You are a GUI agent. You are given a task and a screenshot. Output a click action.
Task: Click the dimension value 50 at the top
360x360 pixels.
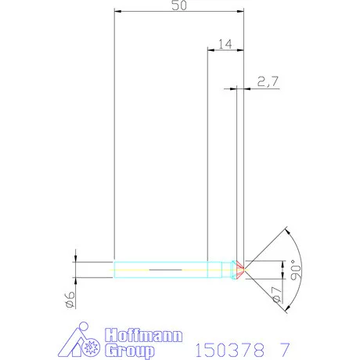(179, 6)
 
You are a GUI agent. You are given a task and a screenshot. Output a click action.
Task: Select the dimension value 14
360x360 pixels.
(225, 45)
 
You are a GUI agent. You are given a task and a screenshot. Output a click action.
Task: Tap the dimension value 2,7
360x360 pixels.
(266, 80)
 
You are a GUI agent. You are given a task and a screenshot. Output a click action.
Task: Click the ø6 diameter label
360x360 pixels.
(70, 298)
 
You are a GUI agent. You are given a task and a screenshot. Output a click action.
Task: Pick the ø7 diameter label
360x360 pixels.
(276, 295)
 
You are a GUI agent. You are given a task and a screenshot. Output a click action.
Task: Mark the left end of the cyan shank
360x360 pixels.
(115, 269)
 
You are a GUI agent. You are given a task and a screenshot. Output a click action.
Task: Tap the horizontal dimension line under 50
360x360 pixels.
(179, 11)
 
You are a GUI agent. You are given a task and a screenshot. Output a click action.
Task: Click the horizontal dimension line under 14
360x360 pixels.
(225, 50)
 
